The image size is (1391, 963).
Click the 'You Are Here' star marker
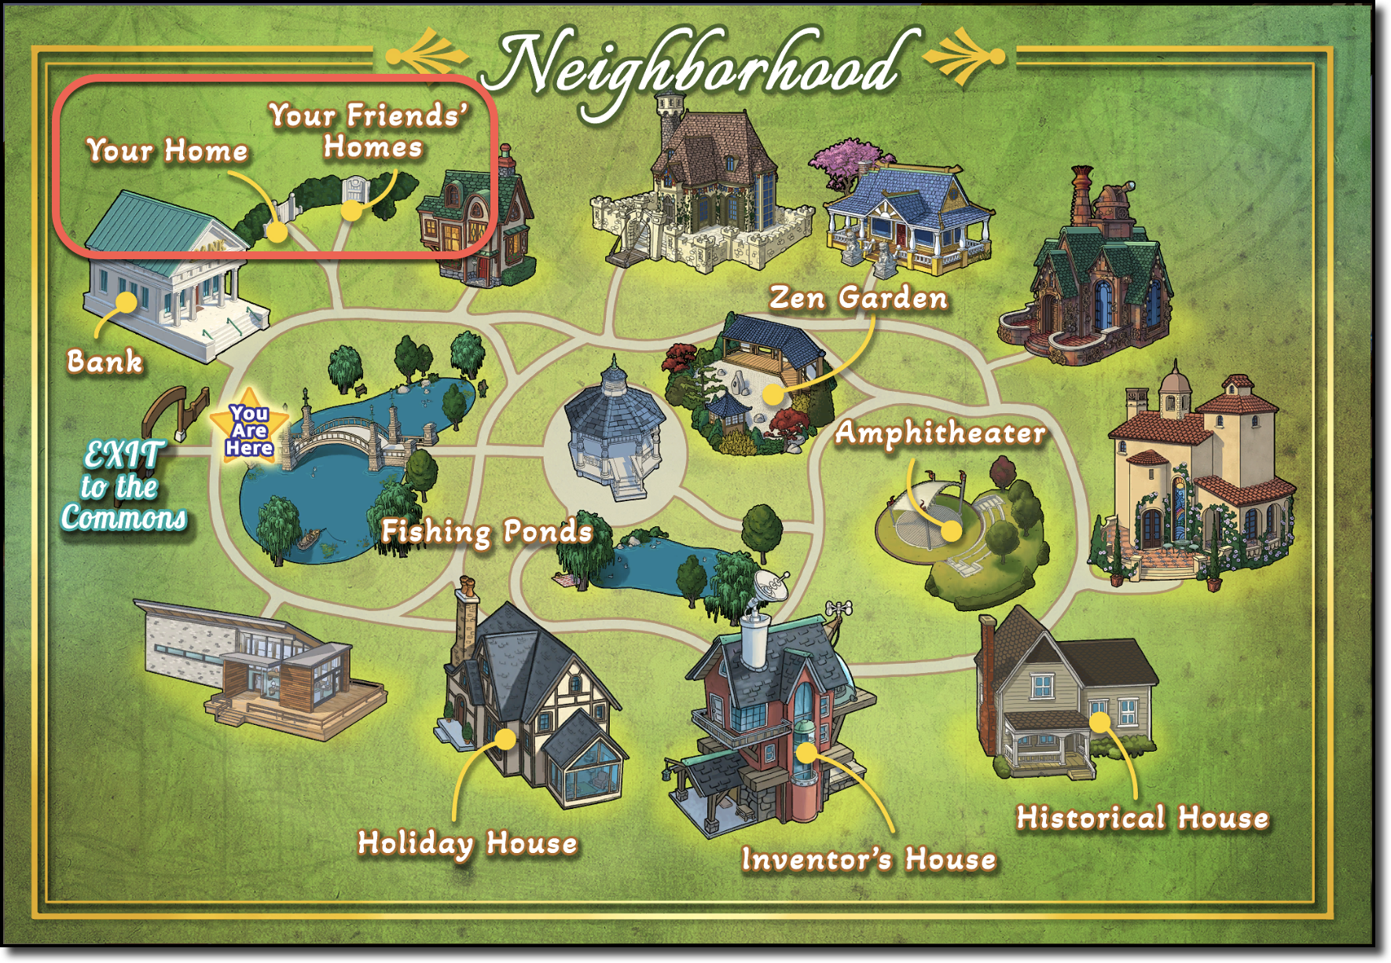click(249, 429)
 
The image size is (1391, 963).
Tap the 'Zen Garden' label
click(858, 298)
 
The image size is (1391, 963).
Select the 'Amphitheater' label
click(940, 433)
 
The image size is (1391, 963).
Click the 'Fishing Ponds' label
click(486, 532)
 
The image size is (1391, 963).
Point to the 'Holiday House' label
click(468, 843)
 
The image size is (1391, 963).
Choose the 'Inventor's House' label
click(869, 859)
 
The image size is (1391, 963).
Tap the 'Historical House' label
click(1143, 818)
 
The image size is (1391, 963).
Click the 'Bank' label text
click(105, 361)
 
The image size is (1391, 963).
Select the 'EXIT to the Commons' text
click(123, 486)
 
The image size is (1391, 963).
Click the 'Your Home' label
click(167, 150)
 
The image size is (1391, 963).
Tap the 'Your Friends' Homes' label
click(370, 131)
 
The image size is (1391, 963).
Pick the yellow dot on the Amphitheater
click(951, 531)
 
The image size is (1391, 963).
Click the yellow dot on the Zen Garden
click(774, 394)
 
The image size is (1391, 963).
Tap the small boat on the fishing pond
click(308, 539)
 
